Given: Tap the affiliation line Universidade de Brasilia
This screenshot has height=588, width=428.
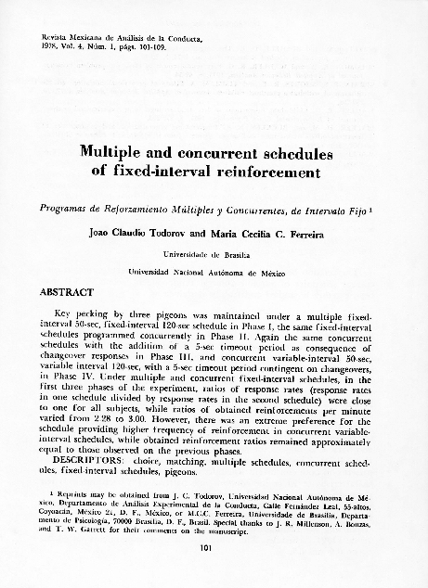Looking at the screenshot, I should tap(214, 253).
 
